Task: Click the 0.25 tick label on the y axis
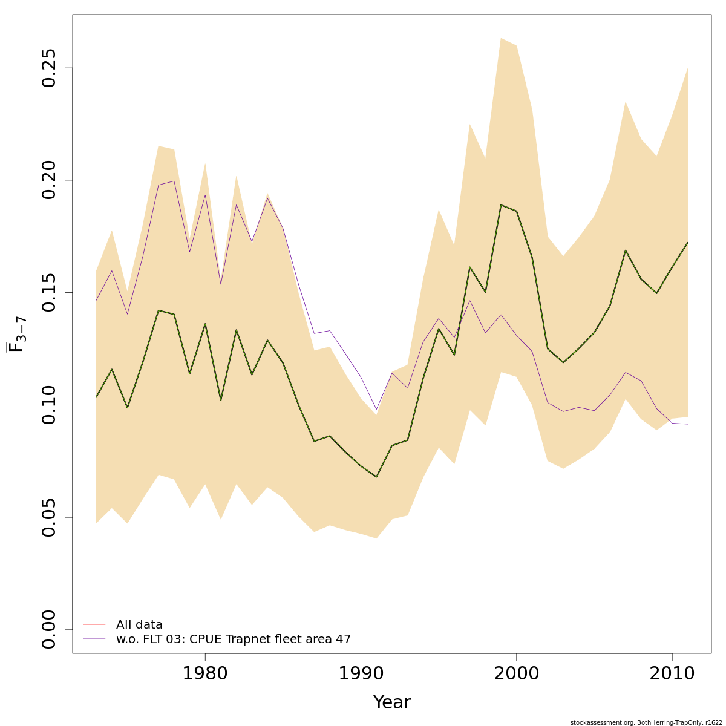tap(51, 68)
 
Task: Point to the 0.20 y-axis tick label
tap(51, 180)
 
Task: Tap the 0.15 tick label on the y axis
tap(51, 293)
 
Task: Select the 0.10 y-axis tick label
tap(51, 405)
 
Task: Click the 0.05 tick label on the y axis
tap(51, 517)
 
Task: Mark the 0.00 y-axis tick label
tap(51, 630)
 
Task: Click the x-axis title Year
tap(391, 702)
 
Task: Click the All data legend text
tap(139, 625)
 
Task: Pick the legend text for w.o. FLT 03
tap(234, 639)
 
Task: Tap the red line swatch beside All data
tap(94, 624)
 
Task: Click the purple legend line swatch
tap(94, 639)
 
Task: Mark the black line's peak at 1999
tap(501, 205)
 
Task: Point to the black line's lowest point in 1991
tap(376, 477)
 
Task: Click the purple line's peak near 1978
tap(174, 181)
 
